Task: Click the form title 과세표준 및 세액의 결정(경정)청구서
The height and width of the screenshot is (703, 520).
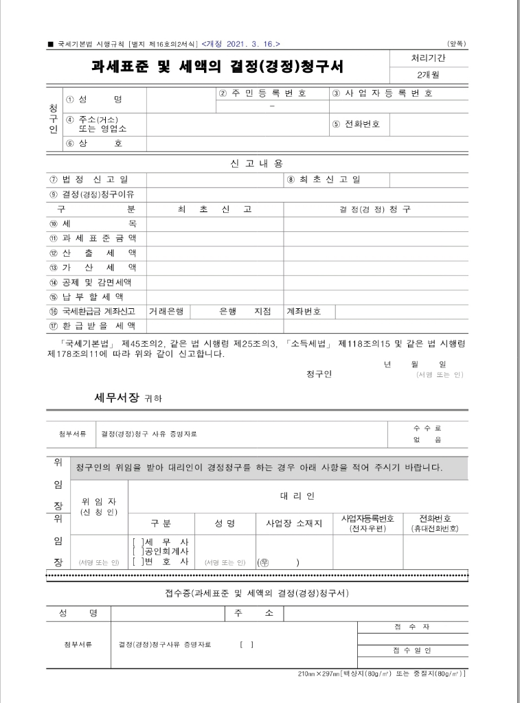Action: pos(218,67)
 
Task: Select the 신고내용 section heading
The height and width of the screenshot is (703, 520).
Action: pos(256,163)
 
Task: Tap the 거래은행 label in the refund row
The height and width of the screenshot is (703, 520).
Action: pos(166,311)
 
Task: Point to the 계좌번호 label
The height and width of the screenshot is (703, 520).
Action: pos(304,311)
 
